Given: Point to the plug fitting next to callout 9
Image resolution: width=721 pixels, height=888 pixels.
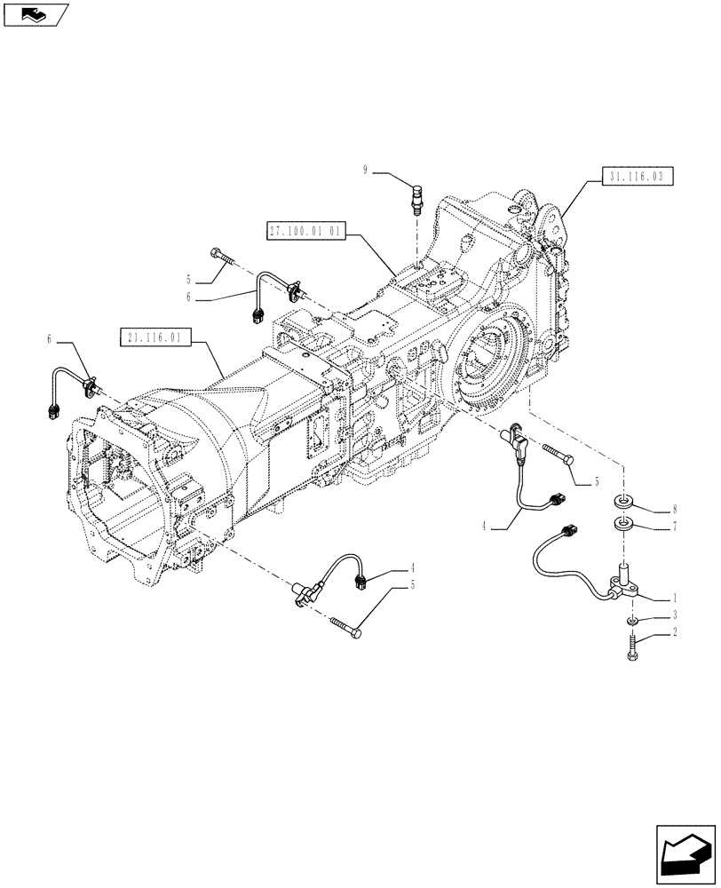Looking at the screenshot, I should click(x=416, y=194).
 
